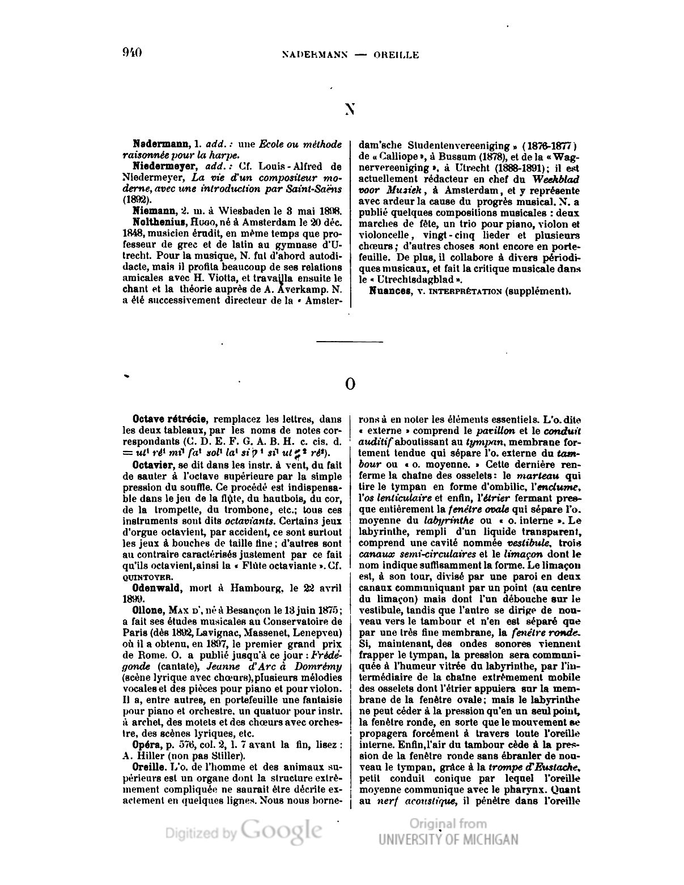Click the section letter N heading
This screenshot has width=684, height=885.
coord(350,109)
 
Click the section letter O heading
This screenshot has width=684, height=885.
coord(350,384)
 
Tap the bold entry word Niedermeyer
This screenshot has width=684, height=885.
coord(160,166)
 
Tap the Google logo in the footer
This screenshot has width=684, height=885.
coord(282,831)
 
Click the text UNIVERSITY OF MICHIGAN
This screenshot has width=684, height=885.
coord(448,840)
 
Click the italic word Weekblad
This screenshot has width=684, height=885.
coord(556,178)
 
